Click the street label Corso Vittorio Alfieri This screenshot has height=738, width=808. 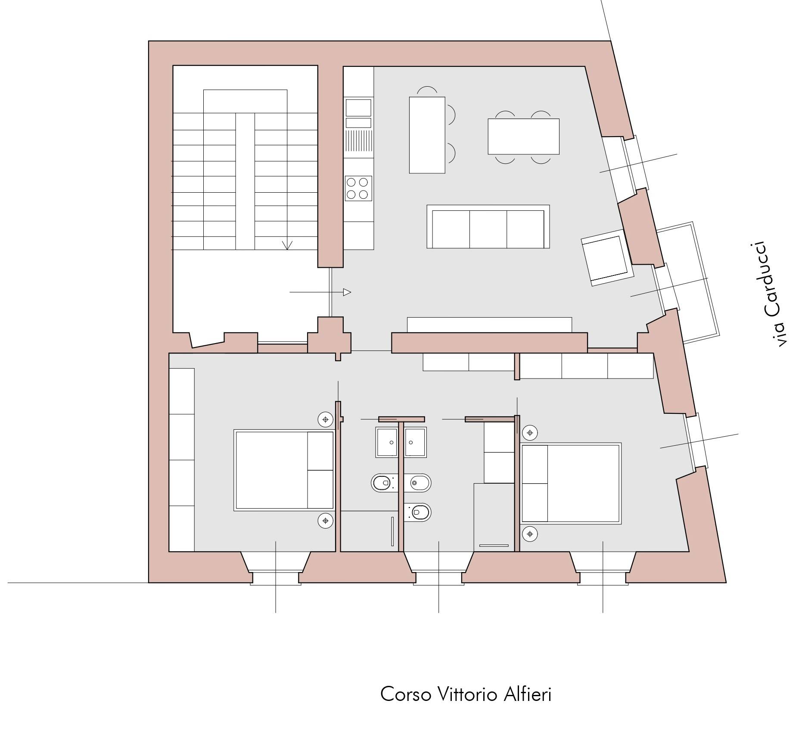[466, 694]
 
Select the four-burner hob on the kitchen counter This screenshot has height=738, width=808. [358, 188]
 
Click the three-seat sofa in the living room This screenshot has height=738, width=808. [488, 227]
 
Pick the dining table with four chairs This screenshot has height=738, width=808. [523, 137]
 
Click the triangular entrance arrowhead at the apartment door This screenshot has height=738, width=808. [347, 292]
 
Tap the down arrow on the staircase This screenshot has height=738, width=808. [287, 245]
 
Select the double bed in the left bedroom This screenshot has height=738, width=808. [284, 470]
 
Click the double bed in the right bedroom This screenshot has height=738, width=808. [571, 483]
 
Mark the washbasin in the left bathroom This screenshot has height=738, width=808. [387, 442]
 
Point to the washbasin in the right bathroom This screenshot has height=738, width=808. [415, 442]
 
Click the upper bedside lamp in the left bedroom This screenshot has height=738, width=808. [326, 419]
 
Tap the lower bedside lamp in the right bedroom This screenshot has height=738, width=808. [530, 534]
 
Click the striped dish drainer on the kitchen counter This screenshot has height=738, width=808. [359, 141]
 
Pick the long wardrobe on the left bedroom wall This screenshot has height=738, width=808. [182, 460]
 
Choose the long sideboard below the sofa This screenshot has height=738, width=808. [489, 325]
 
